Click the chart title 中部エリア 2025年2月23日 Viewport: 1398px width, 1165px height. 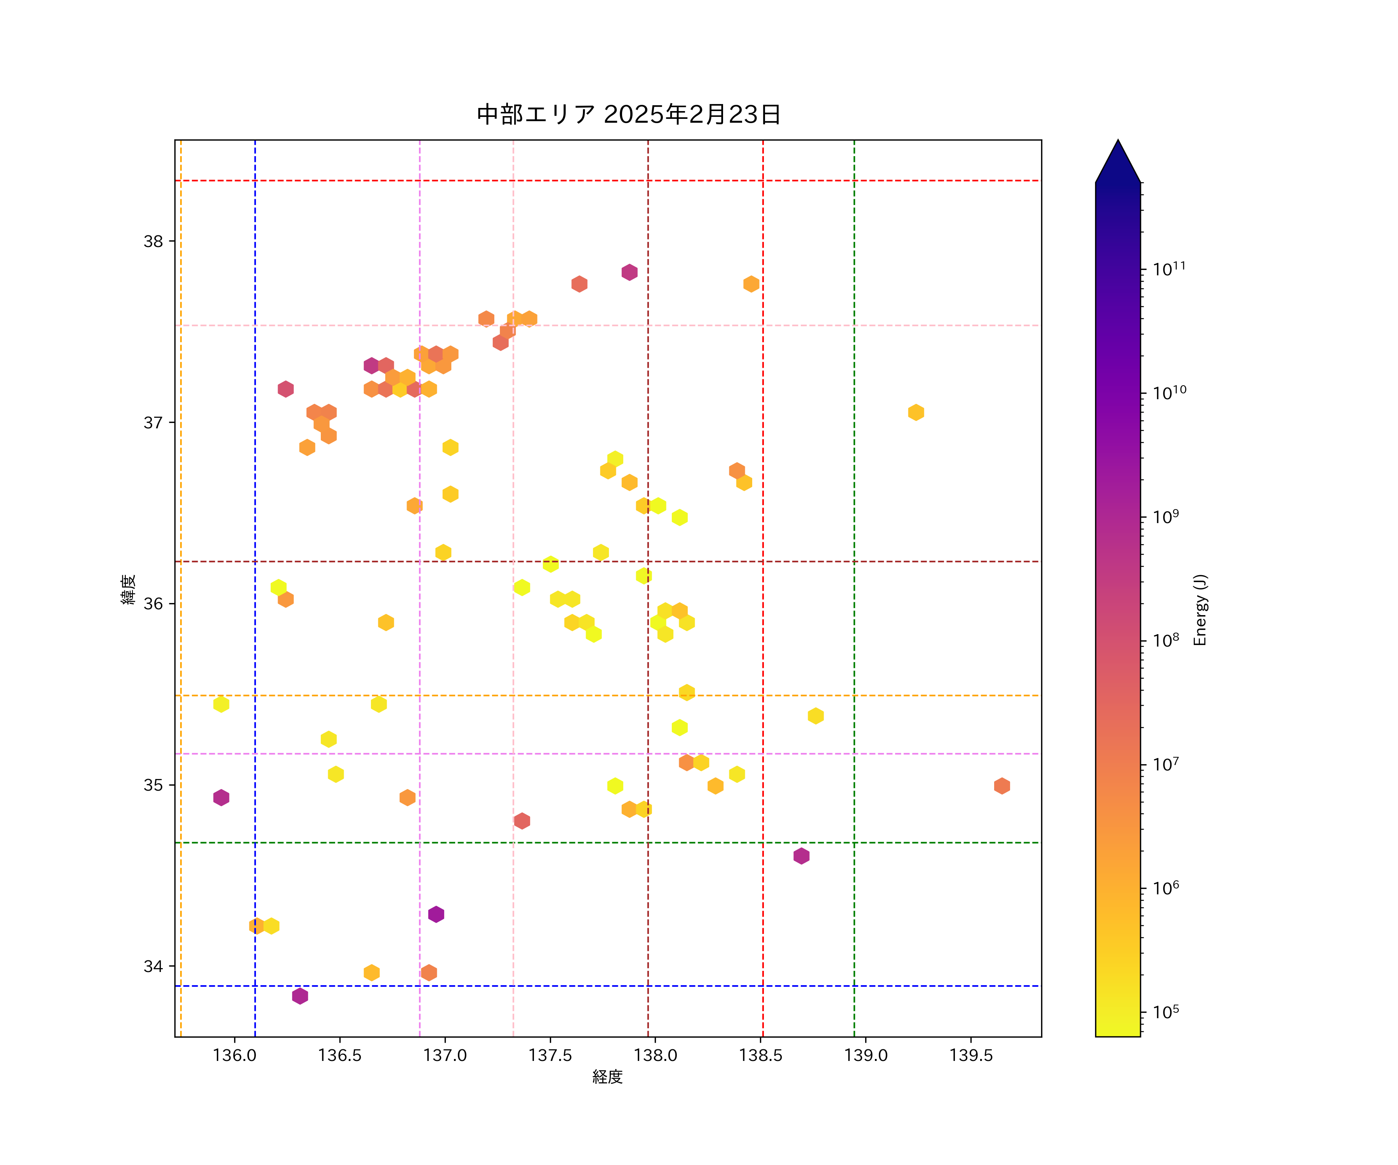point(628,115)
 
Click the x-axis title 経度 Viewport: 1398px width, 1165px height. point(607,1076)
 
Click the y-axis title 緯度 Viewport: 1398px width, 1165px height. point(129,589)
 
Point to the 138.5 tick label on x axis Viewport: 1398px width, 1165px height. point(760,1055)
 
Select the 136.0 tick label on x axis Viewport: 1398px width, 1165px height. point(234,1055)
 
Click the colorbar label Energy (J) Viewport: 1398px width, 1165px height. point(1200,610)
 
